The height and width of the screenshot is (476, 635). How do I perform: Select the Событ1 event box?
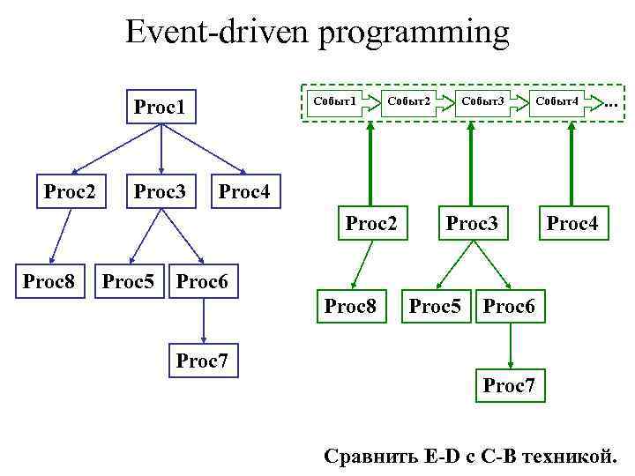336,101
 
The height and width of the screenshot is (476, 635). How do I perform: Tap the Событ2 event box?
409,101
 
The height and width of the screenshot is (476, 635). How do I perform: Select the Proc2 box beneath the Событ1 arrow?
371,223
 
